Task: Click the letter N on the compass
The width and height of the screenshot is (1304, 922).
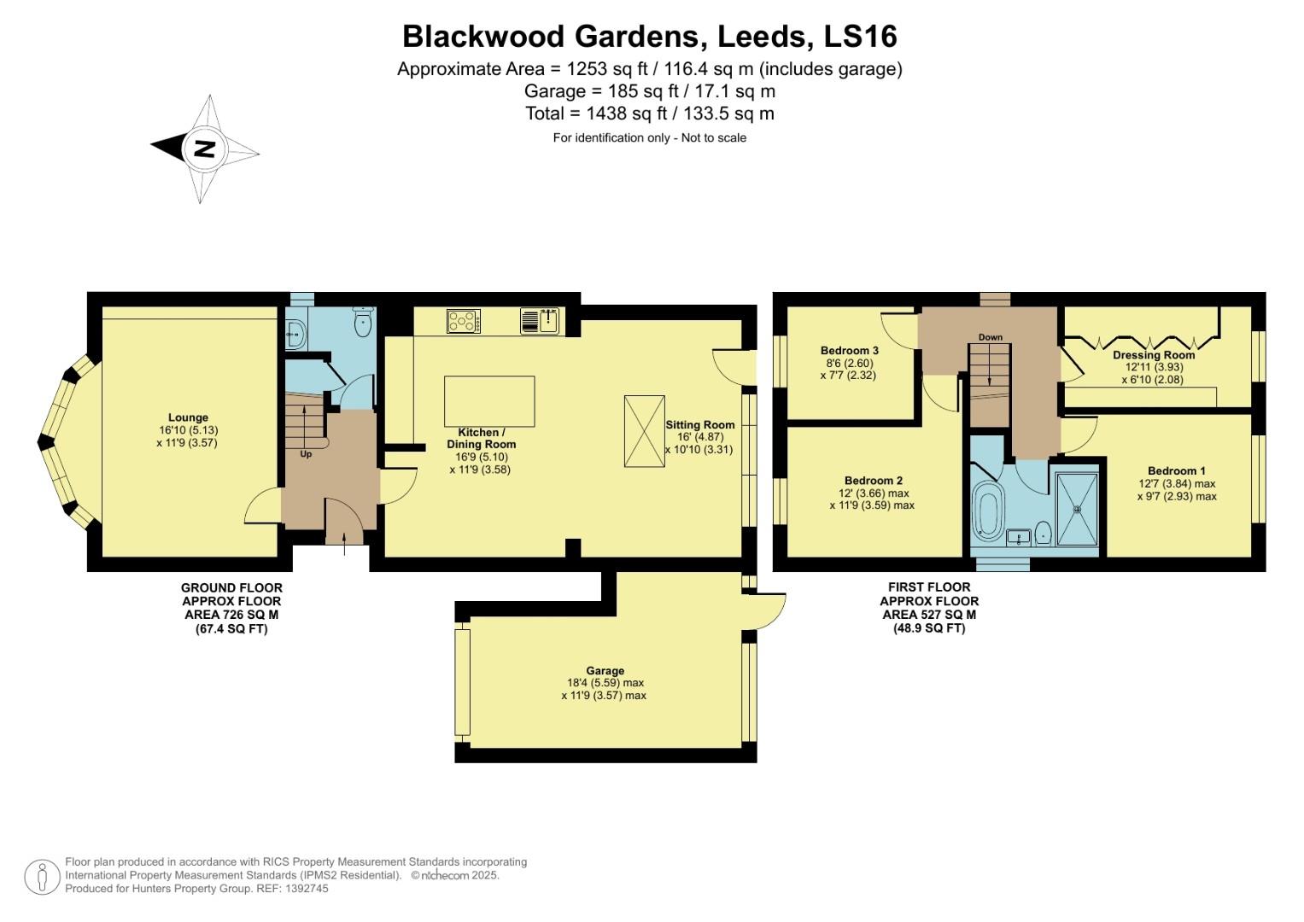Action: (204, 149)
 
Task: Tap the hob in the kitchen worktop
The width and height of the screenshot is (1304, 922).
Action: (463, 321)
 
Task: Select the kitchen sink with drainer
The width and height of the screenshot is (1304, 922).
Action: (539, 321)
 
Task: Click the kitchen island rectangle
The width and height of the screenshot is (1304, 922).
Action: (489, 401)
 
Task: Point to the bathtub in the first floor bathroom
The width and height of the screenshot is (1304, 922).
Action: (989, 512)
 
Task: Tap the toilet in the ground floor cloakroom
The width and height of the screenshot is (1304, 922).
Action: (364, 321)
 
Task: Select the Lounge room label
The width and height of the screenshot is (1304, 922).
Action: (188, 417)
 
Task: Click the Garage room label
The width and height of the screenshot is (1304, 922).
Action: (605, 671)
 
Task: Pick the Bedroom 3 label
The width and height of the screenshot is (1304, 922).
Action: (849, 350)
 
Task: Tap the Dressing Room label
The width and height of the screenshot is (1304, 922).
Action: (1153, 355)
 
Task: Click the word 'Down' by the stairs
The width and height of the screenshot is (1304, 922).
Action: (991, 337)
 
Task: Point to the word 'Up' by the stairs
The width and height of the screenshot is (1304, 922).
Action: (306, 454)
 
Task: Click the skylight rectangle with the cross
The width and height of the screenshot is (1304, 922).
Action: (644, 431)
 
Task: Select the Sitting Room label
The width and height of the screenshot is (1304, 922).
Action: (699, 424)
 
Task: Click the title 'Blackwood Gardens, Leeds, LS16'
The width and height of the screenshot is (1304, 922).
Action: (649, 37)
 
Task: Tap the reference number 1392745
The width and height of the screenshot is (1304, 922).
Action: (305, 889)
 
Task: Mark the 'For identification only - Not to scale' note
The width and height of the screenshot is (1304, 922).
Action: (649, 137)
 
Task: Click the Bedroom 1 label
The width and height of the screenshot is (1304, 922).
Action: (1176, 470)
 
